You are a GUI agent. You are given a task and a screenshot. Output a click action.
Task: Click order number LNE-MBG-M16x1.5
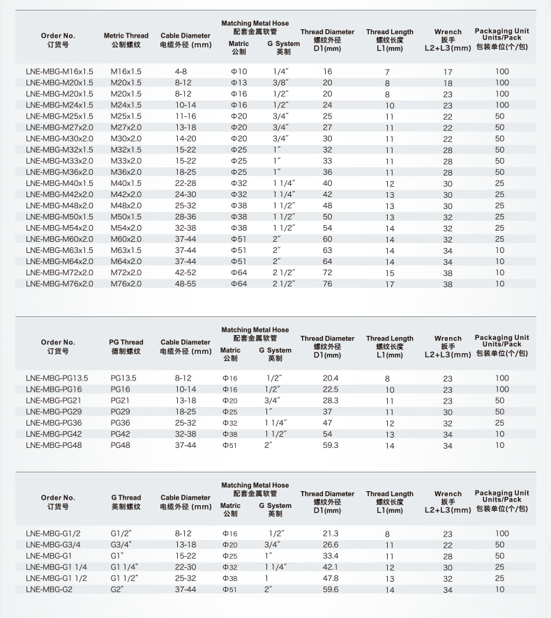[59, 72]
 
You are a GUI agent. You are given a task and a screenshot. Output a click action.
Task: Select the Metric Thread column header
[126, 40]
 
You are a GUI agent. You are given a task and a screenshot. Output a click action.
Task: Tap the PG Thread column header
[126, 346]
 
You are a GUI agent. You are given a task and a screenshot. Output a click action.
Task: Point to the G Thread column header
[126, 502]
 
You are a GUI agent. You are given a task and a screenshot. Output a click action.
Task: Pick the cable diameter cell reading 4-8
[181, 72]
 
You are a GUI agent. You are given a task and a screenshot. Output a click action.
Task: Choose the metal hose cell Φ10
[239, 72]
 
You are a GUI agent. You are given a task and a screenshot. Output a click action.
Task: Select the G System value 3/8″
[282, 83]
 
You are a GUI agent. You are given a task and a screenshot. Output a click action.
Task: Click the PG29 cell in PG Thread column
[121, 412]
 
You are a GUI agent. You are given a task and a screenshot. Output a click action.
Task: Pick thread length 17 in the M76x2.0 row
[389, 284]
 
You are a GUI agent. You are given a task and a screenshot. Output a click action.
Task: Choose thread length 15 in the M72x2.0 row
[389, 273]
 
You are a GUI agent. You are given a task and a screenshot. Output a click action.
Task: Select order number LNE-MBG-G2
[49, 589]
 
